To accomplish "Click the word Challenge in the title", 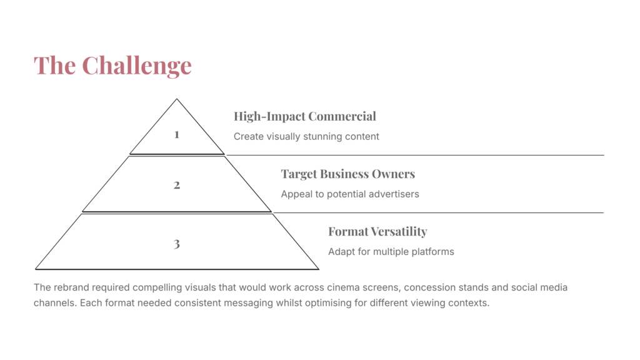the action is point(137,66).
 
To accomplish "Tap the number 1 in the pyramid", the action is point(177,135).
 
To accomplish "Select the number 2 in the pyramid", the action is point(177,185).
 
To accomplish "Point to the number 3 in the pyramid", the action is point(177,244).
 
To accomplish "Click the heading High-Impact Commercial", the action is point(305,116).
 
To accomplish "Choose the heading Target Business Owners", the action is point(347,174).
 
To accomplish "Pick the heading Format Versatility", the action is point(377,231).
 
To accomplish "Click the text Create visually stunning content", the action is point(306,136).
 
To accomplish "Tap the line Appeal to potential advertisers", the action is point(350,194).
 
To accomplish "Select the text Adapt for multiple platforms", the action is point(391,251).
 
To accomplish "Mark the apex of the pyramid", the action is point(177,99).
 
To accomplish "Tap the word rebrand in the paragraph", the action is point(71,287).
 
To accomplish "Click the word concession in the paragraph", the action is point(430,287).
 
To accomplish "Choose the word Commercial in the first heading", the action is point(342,116).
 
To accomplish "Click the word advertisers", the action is point(394,194).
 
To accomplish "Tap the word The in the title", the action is point(55,66).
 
